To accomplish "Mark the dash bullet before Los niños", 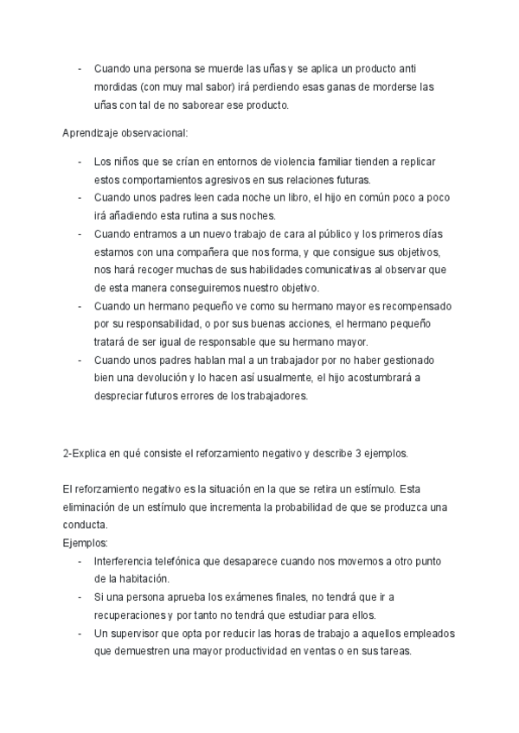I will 80,162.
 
